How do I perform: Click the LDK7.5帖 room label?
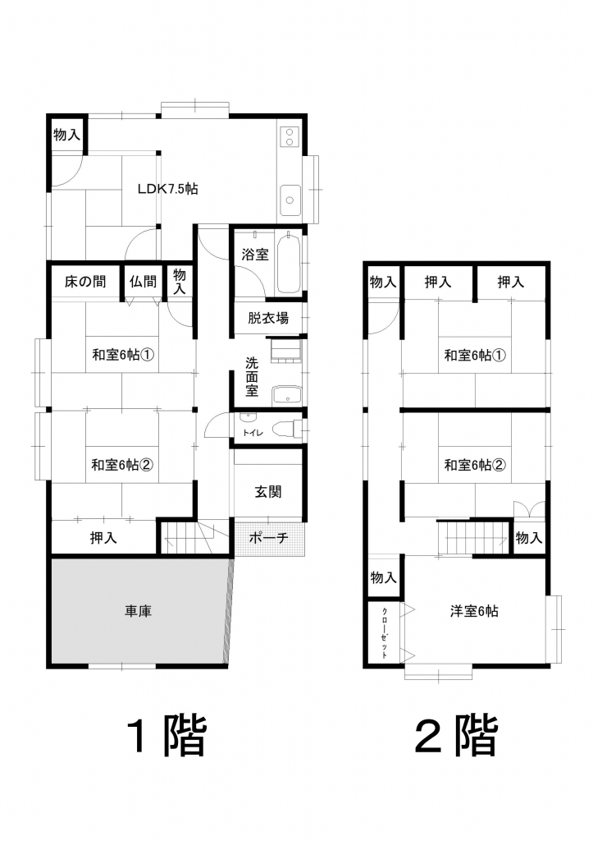(167, 189)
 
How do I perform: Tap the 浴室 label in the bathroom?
(254, 255)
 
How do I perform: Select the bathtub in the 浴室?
(289, 261)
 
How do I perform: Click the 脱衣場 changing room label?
(268, 318)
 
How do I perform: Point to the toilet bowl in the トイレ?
(284, 430)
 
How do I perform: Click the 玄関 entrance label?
(268, 492)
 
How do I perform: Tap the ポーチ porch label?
(268, 537)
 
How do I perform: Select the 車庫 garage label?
(139, 611)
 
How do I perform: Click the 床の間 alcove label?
(85, 282)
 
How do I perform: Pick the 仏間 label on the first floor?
(143, 282)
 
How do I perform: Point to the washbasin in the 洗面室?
(286, 397)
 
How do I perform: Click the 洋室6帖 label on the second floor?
(474, 611)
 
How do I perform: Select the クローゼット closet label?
(385, 633)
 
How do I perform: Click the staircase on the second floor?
(473, 537)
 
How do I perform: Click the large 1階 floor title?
(166, 734)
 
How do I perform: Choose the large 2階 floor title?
(457, 734)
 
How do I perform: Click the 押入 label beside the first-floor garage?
(103, 537)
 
